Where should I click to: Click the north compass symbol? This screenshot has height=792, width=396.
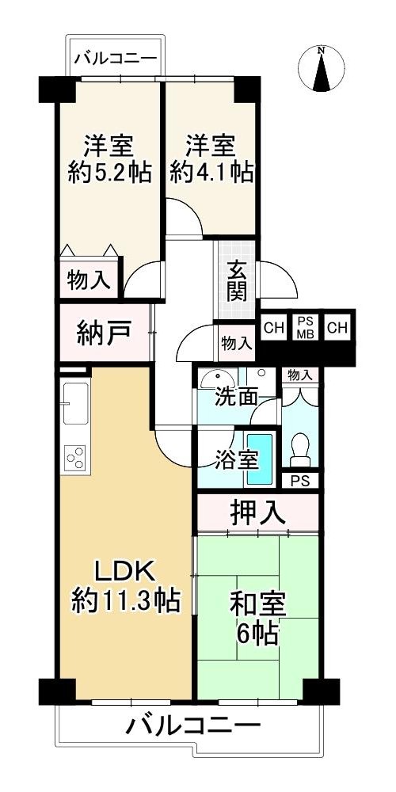322,69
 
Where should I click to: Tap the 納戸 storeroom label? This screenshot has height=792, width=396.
105,333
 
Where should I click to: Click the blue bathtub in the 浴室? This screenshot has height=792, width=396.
260,459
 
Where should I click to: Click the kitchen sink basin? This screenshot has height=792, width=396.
76,404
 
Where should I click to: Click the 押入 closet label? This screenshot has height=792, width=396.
257,513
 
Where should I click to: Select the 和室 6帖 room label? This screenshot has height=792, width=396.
257,619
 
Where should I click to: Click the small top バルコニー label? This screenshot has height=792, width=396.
116,59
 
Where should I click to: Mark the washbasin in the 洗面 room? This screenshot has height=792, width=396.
217,379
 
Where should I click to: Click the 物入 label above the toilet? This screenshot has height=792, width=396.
300,375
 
